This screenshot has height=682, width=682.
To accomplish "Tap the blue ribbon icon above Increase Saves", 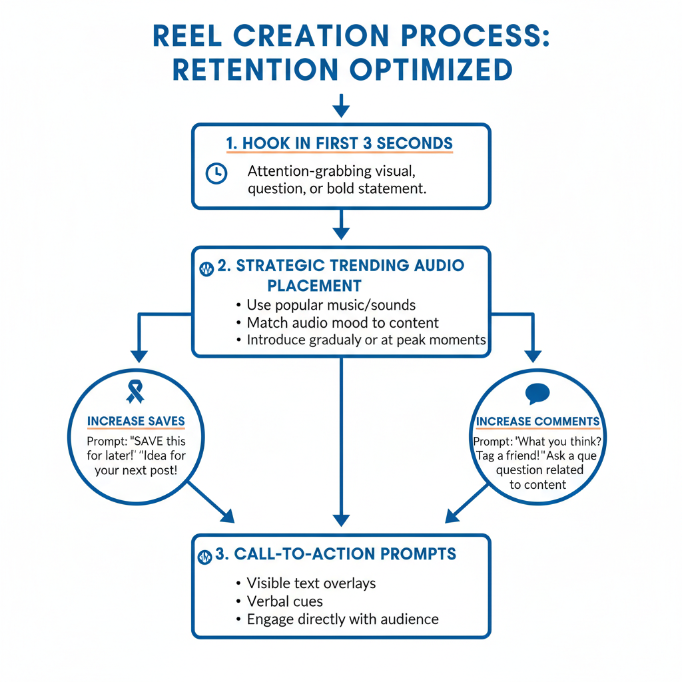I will (135, 392).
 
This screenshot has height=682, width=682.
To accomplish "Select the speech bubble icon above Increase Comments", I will (537, 394).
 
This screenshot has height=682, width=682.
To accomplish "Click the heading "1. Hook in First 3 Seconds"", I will (340, 143).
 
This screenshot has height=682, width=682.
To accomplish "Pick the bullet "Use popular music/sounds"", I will (331, 305).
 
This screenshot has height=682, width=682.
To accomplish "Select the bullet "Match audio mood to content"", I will (342, 323).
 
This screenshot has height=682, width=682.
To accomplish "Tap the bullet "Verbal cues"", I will (284, 601).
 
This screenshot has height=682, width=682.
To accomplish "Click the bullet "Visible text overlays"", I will (311, 583).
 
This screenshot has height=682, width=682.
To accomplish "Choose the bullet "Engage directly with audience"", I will (342, 619).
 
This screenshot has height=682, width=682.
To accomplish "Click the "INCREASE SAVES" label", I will (136, 422).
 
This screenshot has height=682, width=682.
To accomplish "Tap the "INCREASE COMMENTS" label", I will (537, 422).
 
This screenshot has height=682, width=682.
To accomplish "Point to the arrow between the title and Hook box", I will (341, 105).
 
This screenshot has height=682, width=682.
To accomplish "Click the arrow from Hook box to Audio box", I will (341, 226).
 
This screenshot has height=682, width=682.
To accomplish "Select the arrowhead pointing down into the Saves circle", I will (139, 354).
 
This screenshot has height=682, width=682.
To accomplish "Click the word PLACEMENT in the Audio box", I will (314, 286).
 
